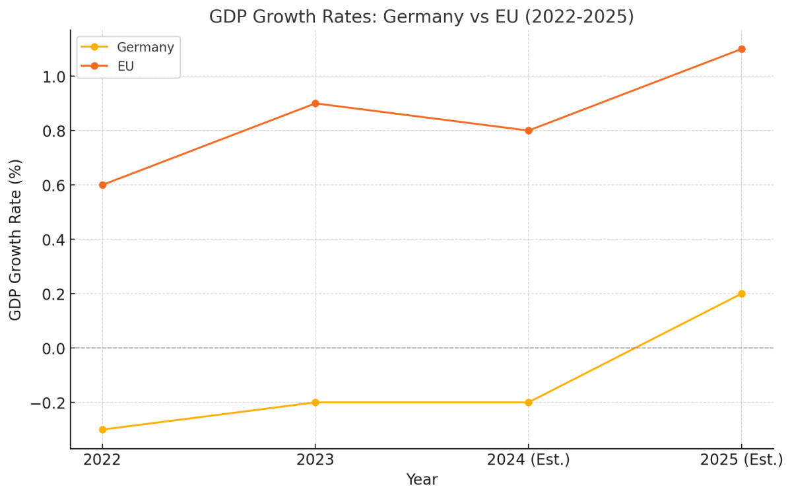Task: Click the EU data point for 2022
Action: [x=102, y=185]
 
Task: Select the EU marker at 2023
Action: [x=315, y=104]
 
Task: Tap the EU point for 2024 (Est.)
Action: [x=528, y=131]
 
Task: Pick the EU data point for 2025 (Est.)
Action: [x=741, y=49]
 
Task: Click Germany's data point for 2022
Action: [x=102, y=430]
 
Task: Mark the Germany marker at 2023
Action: [x=315, y=403]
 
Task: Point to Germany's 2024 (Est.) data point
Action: [x=528, y=403]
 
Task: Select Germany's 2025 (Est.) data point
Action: [x=741, y=294]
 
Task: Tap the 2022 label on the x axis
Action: [x=102, y=460]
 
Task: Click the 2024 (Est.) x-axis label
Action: [x=528, y=460]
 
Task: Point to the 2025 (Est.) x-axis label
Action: [x=741, y=460]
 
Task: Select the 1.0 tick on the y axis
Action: [x=53, y=77]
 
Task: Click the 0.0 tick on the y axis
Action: [x=53, y=348]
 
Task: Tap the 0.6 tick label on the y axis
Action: [x=53, y=185]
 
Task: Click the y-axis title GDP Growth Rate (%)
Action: [x=16, y=240]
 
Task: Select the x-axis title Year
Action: [x=422, y=480]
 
